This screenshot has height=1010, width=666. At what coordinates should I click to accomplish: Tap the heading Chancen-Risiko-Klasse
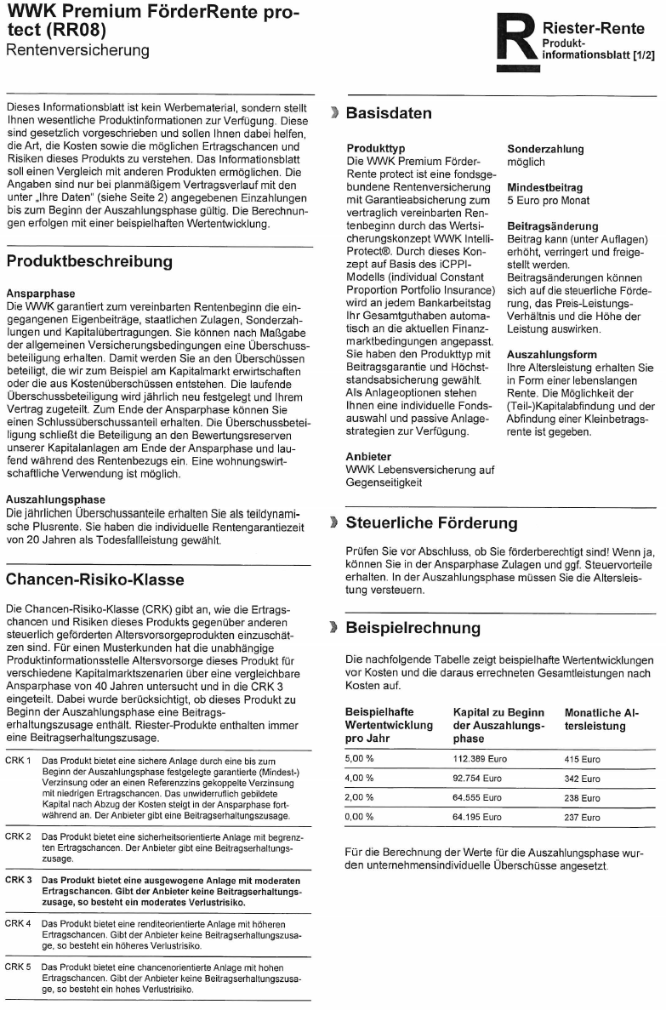(94, 579)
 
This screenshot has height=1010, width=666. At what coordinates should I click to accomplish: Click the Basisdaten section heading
(389, 113)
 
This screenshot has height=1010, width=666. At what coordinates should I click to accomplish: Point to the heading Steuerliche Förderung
(431, 522)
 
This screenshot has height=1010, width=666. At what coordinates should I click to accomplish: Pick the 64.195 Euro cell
(480, 817)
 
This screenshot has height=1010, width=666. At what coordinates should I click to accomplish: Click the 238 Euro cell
(583, 797)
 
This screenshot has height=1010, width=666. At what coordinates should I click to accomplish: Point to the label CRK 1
(19, 759)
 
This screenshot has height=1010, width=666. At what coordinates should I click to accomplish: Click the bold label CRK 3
(19, 879)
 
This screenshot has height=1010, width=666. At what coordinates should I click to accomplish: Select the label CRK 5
(19, 967)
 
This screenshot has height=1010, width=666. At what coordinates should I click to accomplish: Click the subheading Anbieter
(368, 456)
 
